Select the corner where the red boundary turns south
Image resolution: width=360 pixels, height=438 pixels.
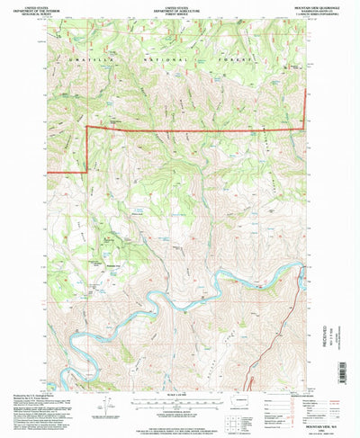tap(86, 130)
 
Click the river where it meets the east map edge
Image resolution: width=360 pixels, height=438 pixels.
tap(304, 280)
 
